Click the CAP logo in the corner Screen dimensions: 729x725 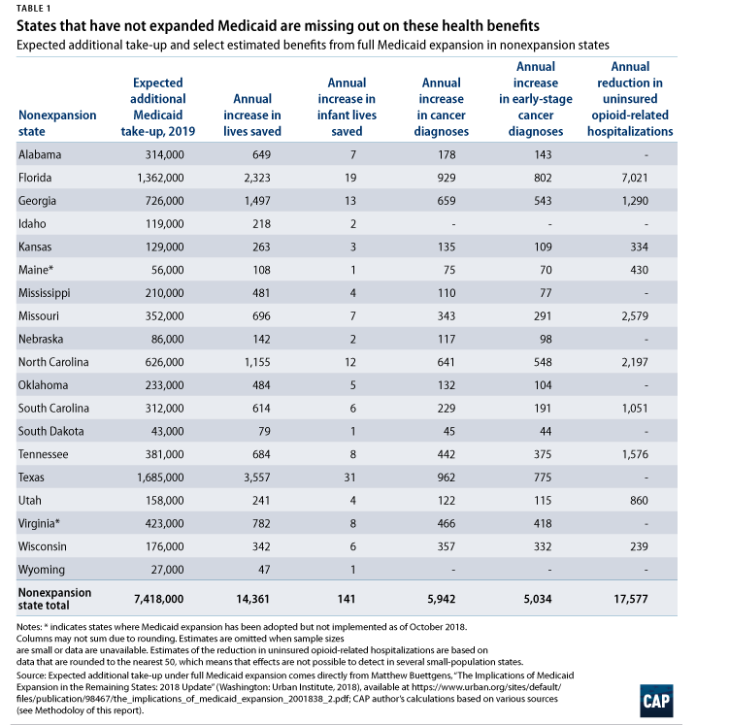[656, 701]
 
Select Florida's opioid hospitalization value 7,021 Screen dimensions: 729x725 [635, 178]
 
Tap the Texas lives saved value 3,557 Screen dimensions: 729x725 [257, 478]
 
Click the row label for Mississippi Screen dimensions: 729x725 [45, 293]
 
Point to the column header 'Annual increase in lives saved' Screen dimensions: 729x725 [252, 115]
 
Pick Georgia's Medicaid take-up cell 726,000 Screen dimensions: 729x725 [165, 201]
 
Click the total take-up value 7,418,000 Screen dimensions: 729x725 [158, 599]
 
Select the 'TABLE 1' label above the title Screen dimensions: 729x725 [33, 9]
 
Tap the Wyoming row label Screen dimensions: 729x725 [42, 570]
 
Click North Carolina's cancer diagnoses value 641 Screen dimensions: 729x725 [446, 362]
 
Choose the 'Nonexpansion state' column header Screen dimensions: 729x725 [57, 123]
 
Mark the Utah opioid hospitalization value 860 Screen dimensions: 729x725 [639, 501]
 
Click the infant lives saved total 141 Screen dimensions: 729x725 [347, 599]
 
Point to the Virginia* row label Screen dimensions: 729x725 [39, 524]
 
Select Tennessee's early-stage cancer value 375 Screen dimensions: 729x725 [543, 454]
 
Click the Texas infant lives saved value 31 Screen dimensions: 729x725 [350, 478]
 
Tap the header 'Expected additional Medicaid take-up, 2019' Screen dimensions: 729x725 [158, 107]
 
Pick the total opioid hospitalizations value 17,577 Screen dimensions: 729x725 [630, 599]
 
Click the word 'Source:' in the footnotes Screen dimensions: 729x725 [31, 676]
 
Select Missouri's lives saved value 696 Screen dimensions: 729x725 [261, 316]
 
